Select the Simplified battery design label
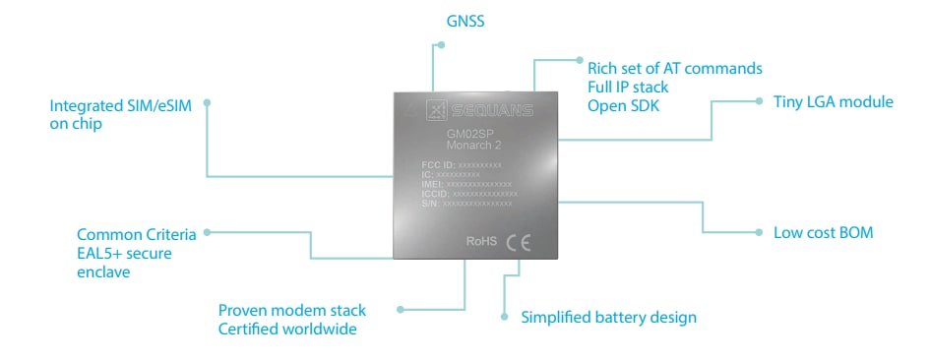tap(608, 317)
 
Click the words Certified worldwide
tap(287, 330)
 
